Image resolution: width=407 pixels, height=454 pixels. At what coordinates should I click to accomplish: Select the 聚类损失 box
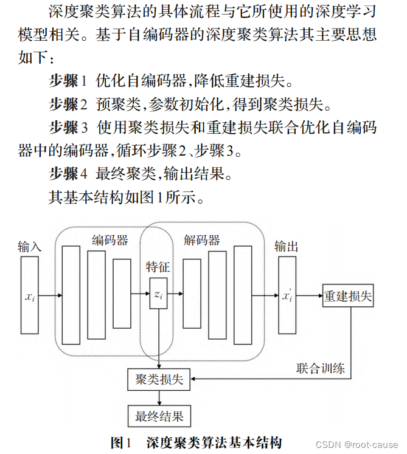(x=159, y=380)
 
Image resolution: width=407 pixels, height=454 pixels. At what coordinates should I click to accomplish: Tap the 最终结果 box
(x=159, y=416)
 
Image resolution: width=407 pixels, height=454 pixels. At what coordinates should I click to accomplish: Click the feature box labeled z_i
(x=158, y=295)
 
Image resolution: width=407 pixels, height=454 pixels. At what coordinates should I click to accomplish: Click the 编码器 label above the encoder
(x=110, y=241)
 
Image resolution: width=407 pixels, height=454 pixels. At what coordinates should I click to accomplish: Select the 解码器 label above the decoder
(x=202, y=241)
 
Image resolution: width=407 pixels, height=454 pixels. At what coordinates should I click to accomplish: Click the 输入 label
(x=29, y=247)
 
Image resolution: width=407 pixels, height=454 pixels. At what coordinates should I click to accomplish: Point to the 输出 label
(x=287, y=246)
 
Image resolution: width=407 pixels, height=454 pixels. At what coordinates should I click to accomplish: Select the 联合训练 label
(x=321, y=368)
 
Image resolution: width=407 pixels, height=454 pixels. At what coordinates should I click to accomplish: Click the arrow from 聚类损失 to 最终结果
(x=159, y=398)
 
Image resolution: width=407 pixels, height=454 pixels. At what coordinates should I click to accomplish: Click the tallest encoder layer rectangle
(x=71, y=295)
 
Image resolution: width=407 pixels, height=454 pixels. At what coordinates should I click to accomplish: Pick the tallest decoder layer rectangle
(x=242, y=295)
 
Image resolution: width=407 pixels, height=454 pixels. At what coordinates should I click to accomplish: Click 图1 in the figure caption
(x=120, y=442)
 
